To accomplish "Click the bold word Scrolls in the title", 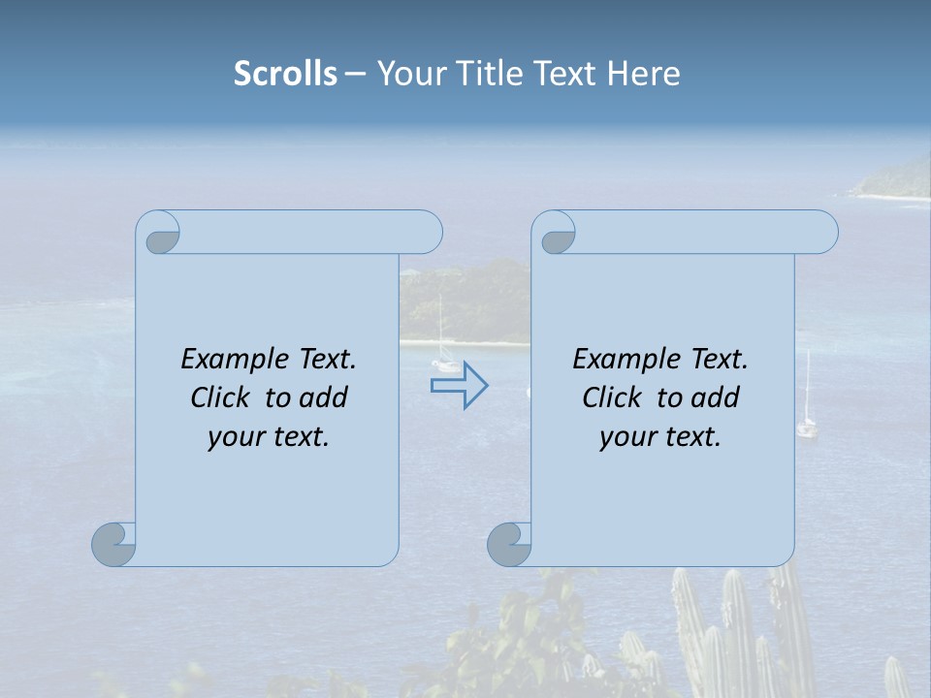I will pyautogui.click(x=285, y=74).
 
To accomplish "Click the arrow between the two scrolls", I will pyautogui.click(x=460, y=386).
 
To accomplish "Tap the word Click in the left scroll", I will pyautogui.click(x=223, y=397).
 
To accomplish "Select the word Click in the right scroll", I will pyautogui.click(x=615, y=397).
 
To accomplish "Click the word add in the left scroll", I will pyautogui.click(x=325, y=397).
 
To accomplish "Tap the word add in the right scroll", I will pyautogui.click(x=717, y=397).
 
